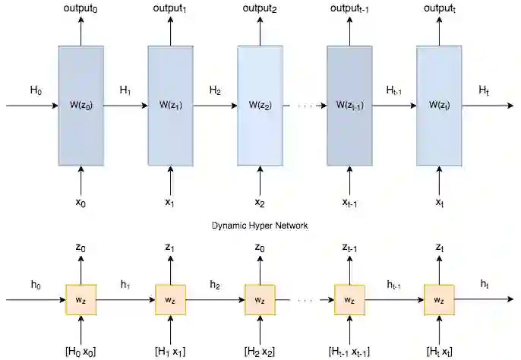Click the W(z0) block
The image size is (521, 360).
81,105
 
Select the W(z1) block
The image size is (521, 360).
170,105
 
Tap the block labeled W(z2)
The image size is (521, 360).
260,105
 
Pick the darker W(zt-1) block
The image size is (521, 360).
349,105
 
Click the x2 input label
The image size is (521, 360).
260,204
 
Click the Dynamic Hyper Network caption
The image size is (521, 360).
260,226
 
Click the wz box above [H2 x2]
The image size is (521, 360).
260,300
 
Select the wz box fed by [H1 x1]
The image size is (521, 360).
170,300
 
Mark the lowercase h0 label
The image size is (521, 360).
36,285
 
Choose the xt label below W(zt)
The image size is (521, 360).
439,204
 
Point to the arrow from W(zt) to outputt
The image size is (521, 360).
439,30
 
